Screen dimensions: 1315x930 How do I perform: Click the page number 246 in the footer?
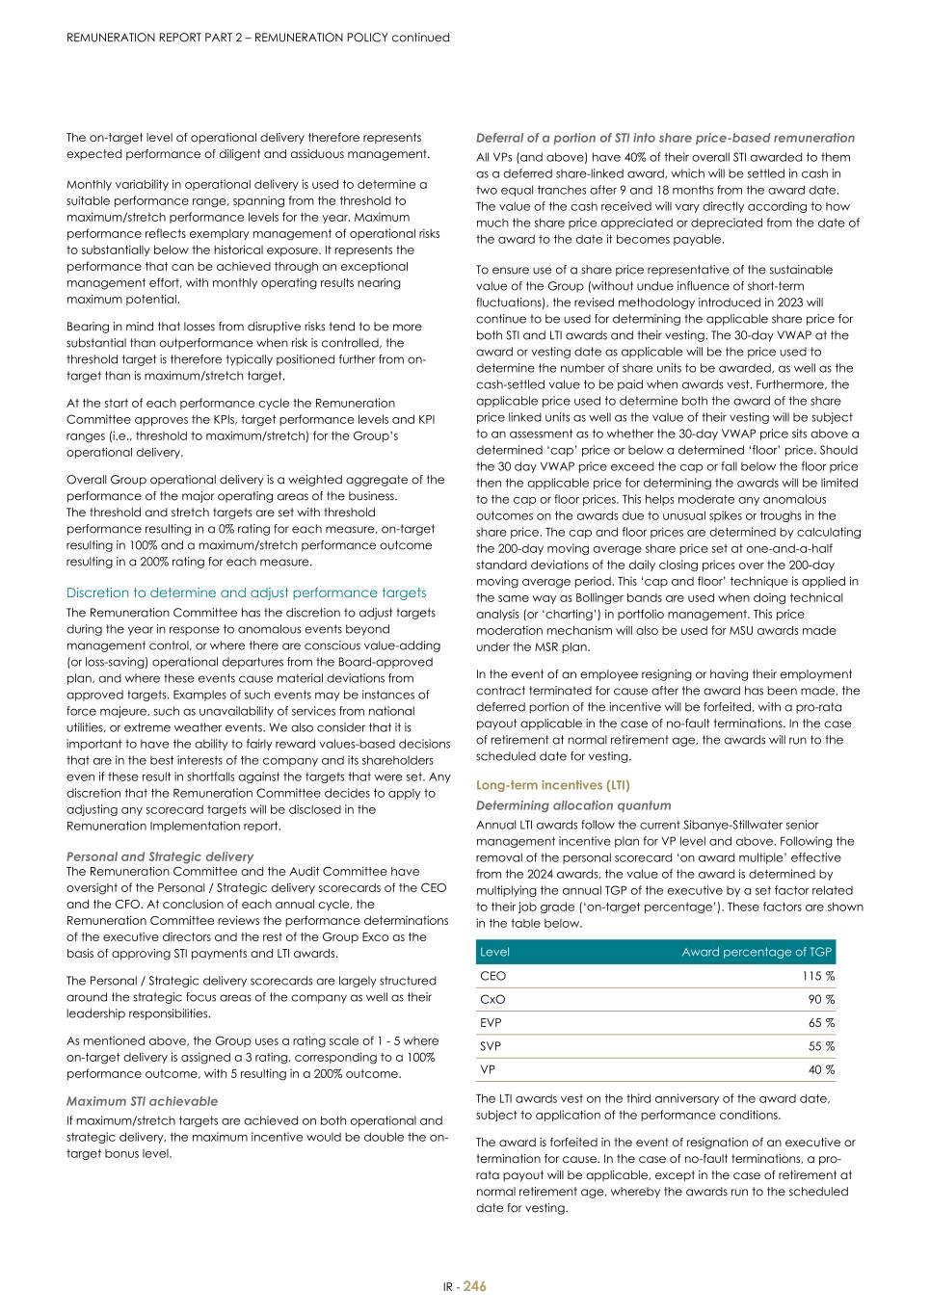click(474, 1286)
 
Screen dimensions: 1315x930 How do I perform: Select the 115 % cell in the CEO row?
click(818, 976)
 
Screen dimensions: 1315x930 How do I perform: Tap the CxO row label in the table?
click(492, 999)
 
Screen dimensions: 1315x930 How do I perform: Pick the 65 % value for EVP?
click(821, 1023)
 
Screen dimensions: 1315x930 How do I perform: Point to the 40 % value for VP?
click(821, 1069)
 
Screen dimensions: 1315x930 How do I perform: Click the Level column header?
click(494, 952)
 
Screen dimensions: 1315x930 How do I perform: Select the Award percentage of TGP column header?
click(757, 952)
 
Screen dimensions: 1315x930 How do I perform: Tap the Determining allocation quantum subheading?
click(573, 805)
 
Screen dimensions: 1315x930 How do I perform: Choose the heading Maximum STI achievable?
click(142, 1101)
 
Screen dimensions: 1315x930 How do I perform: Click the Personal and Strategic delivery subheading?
click(160, 856)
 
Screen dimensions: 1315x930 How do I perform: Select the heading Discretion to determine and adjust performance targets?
click(246, 592)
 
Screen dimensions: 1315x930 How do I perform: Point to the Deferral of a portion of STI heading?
click(665, 138)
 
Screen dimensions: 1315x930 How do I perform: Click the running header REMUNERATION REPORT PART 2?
click(257, 38)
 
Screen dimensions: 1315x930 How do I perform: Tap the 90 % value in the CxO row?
click(821, 999)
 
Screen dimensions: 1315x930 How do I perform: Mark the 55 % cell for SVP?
click(821, 1046)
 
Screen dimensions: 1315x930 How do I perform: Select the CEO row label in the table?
click(492, 976)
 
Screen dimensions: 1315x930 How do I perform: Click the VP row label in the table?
click(489, 1069)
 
